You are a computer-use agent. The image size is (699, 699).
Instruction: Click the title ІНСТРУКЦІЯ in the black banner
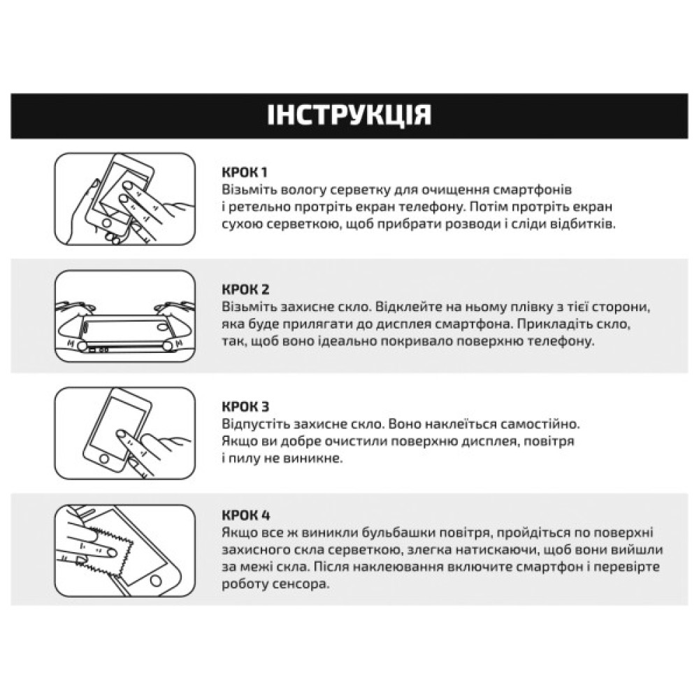349,115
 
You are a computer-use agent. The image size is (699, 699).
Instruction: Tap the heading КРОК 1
245,172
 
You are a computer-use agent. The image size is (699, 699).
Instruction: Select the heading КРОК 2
245,289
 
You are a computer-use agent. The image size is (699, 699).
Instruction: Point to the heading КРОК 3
245,407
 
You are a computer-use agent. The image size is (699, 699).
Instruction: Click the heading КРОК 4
245,516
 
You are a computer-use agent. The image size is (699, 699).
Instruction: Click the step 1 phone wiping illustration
124,200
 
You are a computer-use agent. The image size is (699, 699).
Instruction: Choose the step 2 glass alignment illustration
124,317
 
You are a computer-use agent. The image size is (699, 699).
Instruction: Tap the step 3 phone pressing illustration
124,434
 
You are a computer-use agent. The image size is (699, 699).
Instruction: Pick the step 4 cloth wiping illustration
124,551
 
